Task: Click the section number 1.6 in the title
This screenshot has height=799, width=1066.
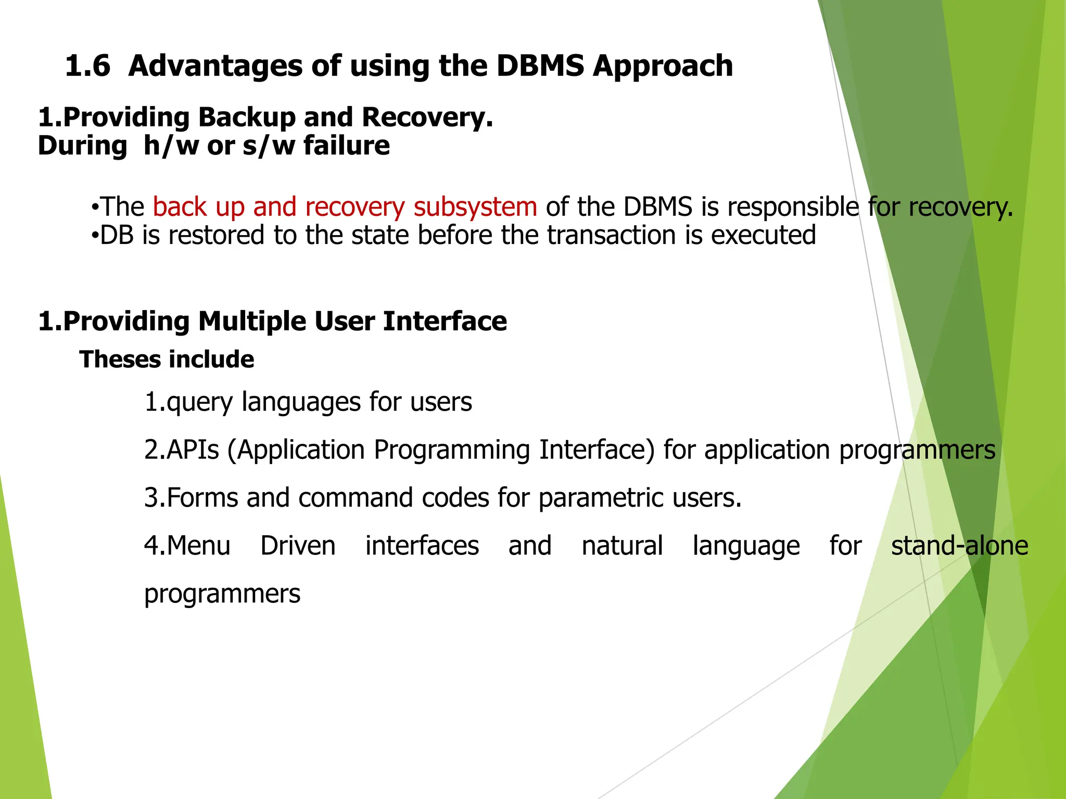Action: [87, 67]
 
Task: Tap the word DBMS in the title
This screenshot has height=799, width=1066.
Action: [540, 67]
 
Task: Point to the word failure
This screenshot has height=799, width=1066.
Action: [346, 146]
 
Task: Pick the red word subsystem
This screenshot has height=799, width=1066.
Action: [475, 207]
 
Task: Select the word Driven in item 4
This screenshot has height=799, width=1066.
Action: [298, 546]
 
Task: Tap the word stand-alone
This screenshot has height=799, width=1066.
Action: [959, 546]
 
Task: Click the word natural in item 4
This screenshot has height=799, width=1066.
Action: [622, 546]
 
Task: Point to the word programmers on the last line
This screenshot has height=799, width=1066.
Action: [222, 594]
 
